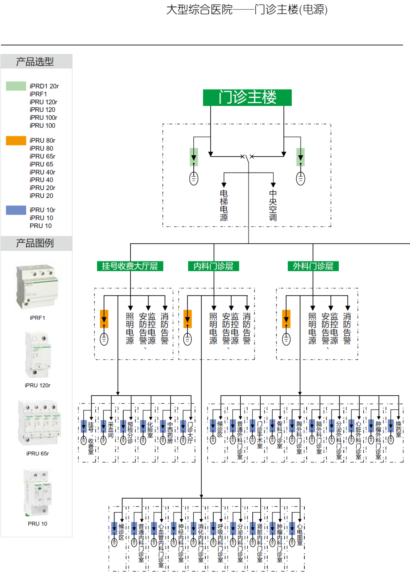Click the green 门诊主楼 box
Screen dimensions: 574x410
[247, 98]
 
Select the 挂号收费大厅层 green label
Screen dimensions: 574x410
[130, 266]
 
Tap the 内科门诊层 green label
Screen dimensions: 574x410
[213, 266]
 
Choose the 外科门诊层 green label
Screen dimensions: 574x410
[313, 266]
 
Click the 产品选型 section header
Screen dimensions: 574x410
[35, 61]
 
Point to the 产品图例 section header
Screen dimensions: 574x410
[35, 243]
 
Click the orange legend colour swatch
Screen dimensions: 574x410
[16, 140]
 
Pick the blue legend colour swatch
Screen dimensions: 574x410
[16, 210]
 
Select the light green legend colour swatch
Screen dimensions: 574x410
[16, 86]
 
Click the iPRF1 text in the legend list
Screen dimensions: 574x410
[38, 94]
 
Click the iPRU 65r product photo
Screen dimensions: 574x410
[39, 423]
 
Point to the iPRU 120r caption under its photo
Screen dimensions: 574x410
[38, 385]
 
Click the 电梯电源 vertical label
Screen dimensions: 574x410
[224, 205]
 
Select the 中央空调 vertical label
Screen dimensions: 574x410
[273, 205]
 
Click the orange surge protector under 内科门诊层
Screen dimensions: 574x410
[188, 319]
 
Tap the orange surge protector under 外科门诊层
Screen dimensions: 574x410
[286, 319]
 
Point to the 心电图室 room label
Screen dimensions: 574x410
[300, 535]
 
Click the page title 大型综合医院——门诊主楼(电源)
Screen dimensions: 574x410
[247, 10]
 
